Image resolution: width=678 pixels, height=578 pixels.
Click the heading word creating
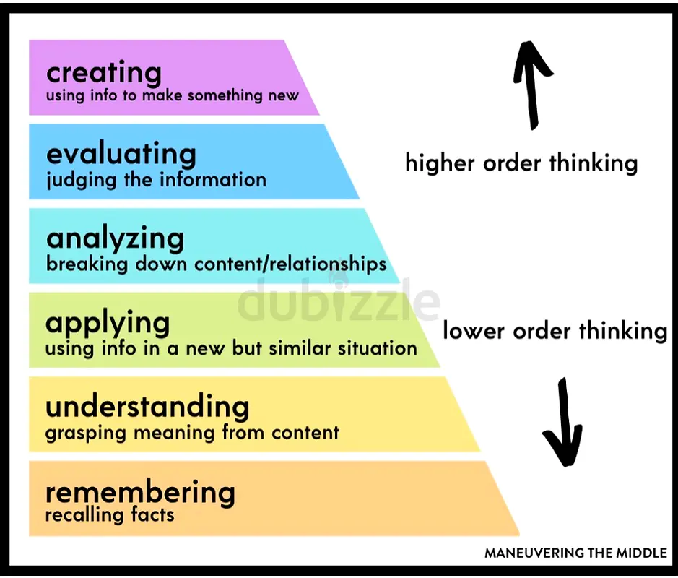[x=103, y=73]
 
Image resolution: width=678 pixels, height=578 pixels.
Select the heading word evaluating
[x=121, y=155]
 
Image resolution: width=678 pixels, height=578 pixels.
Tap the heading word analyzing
[x=115, y=238]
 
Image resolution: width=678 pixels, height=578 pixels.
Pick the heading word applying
[x=108, y=323]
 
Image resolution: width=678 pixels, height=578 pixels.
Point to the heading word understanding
[x=147, y=407]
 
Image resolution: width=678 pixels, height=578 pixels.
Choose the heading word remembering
[x=140, y=493]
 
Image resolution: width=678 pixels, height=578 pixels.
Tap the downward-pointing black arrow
[x=562, y=423]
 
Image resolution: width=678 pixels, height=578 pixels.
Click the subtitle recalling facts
[x=110, y=515]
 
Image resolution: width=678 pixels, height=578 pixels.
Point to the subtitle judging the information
[x=156, y=179]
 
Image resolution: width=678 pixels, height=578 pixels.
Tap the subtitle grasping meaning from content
[x=192, y=433]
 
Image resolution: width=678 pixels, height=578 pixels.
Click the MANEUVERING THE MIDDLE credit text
[x=575, y=553]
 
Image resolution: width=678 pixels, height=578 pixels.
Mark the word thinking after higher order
[x=593, y=163]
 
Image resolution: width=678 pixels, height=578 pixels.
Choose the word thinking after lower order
[x=623, y=331]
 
